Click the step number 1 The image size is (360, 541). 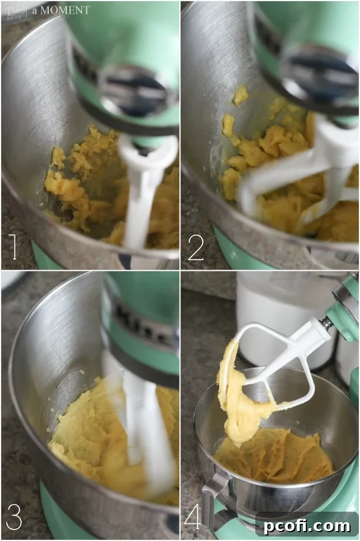[x=13, y=248]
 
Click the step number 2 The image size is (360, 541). [x=196, y=248]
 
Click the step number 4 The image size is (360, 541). [x=193, y=517]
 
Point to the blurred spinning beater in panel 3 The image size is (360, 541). [x=138, y=421]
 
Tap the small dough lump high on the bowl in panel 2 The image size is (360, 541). [x=240, y=95]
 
